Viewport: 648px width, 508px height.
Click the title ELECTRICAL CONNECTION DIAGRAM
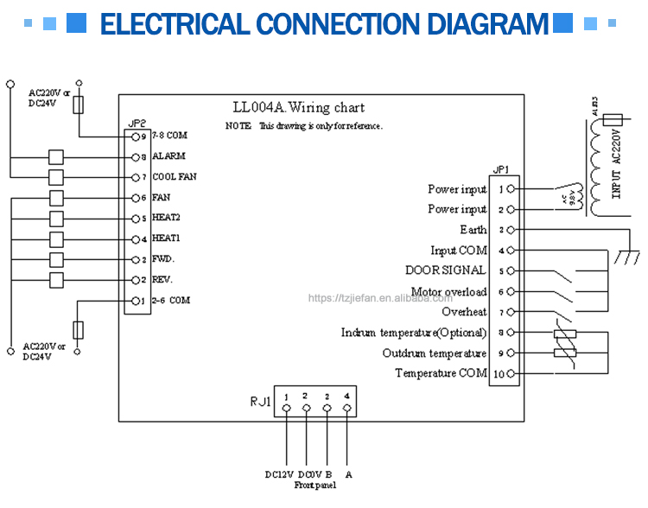(x=324, y=23)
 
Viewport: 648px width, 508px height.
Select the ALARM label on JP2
(x=168, y=156)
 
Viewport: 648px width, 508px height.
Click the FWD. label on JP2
(x=163, y=259)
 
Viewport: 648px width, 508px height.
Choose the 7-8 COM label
(x=169, y=136)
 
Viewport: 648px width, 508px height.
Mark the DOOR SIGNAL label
(x=446, y=270)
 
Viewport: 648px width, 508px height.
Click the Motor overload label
(x=448, y=292)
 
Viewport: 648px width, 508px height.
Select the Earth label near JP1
(x=473, y=230)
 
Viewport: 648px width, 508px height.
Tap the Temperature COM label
(x=441, y=373)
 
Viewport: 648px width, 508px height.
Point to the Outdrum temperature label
(x=435, y=353)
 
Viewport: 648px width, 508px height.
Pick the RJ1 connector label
(x=261, y=402)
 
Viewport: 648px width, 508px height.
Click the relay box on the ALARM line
(x=57, y=157)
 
